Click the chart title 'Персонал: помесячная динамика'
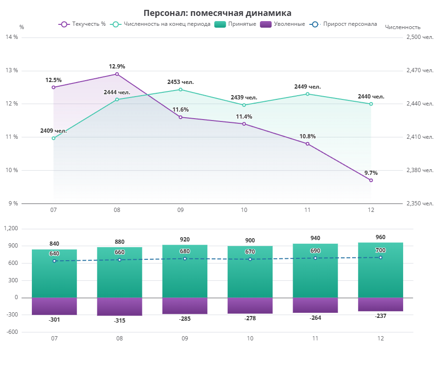tap(217, 13)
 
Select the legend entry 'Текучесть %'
tap(82, 24)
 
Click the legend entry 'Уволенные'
tap(282, 24)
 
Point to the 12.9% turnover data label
tap(117, 67)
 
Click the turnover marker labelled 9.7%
tap(371, 180)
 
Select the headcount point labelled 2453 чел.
tap(180, 89)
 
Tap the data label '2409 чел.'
tap(53, 131)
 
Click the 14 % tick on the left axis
tap(12, 37)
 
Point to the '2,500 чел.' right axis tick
tap(420, 37)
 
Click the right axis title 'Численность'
tap(402, 27)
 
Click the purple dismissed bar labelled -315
tap(119, 307)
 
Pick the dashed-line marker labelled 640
tap(54, 261)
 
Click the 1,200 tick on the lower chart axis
tap(11, 228)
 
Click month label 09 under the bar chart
tap(184, 338)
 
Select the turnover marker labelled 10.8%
tap(308, 143)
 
